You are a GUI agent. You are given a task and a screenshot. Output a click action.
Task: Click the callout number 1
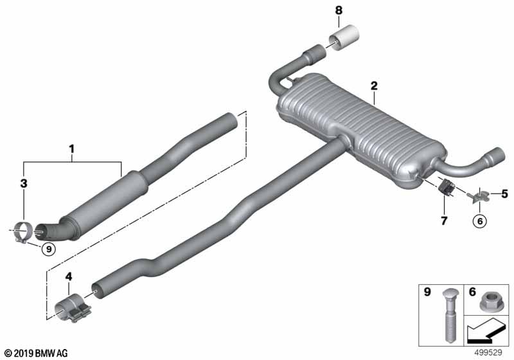(x=71, y=150)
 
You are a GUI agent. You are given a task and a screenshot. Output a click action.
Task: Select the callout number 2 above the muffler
(x=374, y=86)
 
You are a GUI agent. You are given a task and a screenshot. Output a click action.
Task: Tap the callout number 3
(x=24, y=184)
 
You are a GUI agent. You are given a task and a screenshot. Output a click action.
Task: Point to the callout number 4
(x=69, y=277)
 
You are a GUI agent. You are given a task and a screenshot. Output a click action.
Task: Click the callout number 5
(x=504, y=194)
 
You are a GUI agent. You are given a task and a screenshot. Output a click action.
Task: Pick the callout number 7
(x=444, y=221)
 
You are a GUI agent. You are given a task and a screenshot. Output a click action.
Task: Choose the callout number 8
(x=339, y=10)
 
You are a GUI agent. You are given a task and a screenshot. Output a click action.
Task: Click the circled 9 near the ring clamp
(x=49, y=249)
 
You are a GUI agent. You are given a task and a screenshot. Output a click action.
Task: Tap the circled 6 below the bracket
(x=480, y=221)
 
